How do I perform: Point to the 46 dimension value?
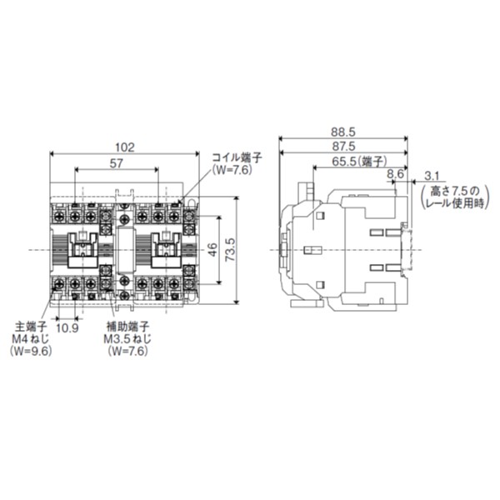[x=213, y=249]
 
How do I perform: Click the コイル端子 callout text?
[x=236, y=156]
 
